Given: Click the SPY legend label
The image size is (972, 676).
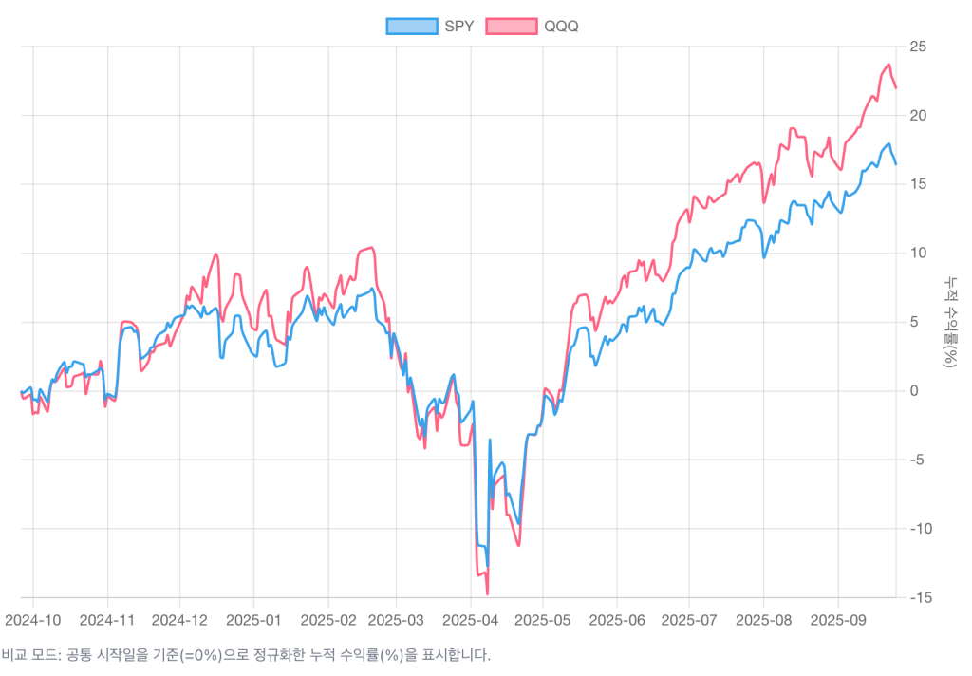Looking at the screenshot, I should [458, 26].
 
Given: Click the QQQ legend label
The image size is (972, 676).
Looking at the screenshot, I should [561, 26].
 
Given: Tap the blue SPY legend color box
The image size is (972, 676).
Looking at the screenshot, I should [412, 26].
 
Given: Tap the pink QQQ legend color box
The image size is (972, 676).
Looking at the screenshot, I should [512, 26].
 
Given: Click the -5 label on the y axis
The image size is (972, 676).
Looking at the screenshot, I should [917, 460].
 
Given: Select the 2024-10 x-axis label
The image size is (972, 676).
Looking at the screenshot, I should [33, 620].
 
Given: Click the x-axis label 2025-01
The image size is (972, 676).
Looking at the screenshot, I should [253, 620].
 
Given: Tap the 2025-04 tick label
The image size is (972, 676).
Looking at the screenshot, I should [471, 620].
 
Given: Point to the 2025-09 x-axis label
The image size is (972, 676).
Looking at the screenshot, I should [838, 620].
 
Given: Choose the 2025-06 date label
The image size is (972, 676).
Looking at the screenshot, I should [616, 620].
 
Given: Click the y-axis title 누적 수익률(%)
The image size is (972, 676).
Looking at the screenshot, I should [950, 322].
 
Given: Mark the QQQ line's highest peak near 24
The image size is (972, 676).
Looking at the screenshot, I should [889, 65].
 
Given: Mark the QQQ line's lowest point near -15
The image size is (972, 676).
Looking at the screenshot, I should [487, 594].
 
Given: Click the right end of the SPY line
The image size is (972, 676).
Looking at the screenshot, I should [895, 164].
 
